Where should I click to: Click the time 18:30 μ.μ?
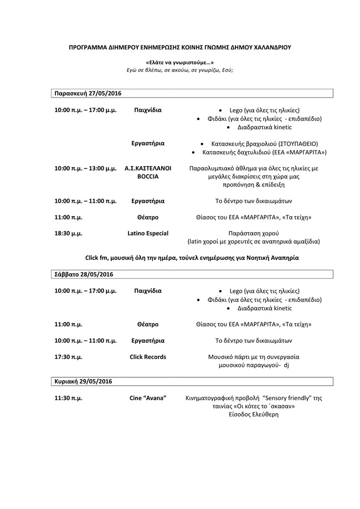coord(68,234)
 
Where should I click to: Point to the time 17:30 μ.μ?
coord(68,357)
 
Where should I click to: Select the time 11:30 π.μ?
coord(68,398)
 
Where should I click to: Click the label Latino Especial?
coord(148,234)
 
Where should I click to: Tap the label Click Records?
coord(148,357)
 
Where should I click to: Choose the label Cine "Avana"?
coord(148,398)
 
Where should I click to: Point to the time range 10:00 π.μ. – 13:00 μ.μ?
coord(85,168)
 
